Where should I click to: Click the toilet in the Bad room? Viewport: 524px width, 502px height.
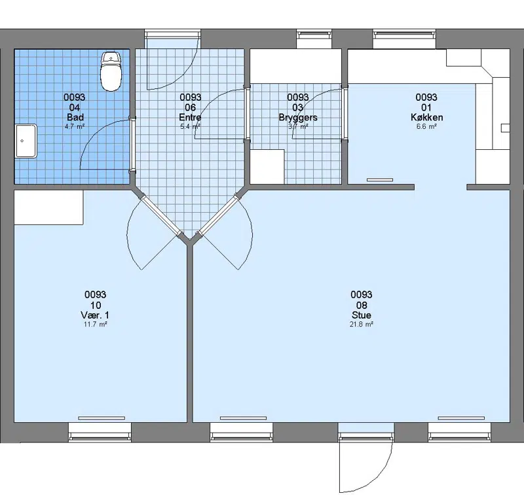111,71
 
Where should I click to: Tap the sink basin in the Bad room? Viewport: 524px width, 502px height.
26,141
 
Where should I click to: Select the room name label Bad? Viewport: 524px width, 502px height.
75,117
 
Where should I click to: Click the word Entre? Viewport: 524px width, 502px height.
190,117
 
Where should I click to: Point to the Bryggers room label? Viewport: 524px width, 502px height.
298,118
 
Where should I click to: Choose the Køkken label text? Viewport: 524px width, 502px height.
427,117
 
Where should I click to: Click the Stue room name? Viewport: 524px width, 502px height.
362,315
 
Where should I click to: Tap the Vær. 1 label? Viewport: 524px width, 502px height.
95,315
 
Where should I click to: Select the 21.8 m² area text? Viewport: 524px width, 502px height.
362,324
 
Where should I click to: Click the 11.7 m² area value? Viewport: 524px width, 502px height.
95,324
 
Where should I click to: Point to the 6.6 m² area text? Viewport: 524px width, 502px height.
426,126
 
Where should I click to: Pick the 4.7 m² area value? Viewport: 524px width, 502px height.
75,126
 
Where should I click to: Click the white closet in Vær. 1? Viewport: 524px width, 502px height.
48,207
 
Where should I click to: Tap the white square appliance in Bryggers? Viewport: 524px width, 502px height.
267,167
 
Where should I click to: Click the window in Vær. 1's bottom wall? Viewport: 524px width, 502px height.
100,432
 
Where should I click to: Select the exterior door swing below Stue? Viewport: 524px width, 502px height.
365,467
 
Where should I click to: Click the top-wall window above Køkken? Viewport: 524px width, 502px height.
404,39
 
